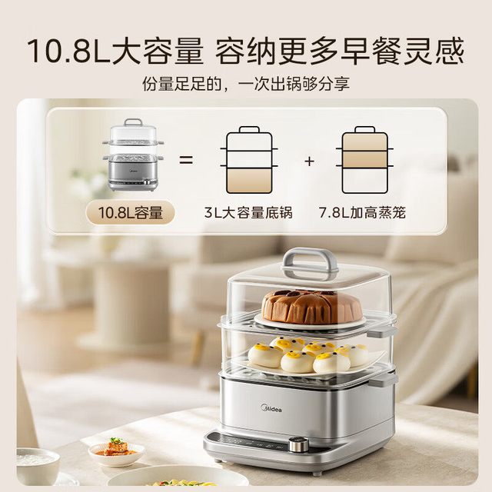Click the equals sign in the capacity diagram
pos(186,160)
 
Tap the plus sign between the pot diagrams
pos(309,161)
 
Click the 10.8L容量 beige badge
pos(130,213)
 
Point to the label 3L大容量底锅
pos(248,213)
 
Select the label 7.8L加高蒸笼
pos(362,213)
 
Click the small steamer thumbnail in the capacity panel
pos(133,155)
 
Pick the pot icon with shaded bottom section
pos(249,160)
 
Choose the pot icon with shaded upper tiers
pos(364,160)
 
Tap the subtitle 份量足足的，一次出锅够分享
pos(246,84)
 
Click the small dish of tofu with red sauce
pos(116,449)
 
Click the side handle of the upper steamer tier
pos(381,333)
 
